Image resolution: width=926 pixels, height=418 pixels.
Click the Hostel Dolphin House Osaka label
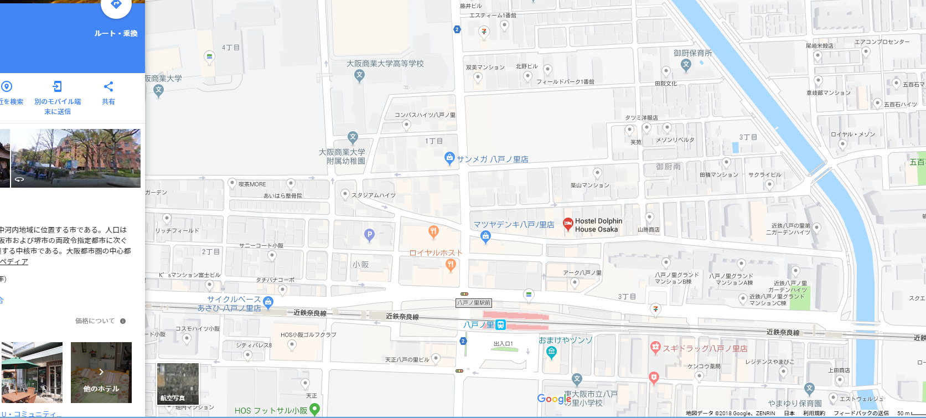(x=598, y=225)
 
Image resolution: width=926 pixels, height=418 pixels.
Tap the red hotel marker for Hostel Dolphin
(x=567, y=224)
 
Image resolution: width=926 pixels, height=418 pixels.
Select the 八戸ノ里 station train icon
(x=501, y=325)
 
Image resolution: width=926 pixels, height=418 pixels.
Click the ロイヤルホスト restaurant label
(x=436, y=252)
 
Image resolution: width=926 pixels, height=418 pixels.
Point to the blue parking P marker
(x=370, y=235)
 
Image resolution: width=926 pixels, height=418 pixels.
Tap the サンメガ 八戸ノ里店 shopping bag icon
(x=449, y=158)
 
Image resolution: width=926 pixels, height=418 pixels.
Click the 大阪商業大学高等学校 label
(x=385, y=64)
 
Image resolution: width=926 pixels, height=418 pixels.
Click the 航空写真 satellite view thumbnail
(x=178, y=383)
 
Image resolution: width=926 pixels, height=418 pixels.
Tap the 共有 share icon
(x=108, y=86)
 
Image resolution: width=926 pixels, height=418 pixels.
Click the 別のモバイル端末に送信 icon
(x=58, y=86)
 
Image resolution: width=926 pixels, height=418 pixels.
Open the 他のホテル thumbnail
(x=101, y=372)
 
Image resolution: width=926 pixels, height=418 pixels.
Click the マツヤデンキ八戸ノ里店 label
(x=514, y=224)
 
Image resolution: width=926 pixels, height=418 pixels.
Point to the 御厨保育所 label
(x=692, y=53)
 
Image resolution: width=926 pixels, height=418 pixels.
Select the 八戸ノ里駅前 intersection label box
(x=473, y=303)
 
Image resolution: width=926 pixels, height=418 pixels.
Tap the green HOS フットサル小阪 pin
(x=315, y=409)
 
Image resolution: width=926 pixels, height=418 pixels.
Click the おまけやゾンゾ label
(x=565, y=340)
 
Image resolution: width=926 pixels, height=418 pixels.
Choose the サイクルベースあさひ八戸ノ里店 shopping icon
(x=268, y=302)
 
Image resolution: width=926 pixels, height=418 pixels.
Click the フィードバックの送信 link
(x=861, y=413)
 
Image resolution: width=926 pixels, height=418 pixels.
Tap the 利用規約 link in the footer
(x=814, y=413)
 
